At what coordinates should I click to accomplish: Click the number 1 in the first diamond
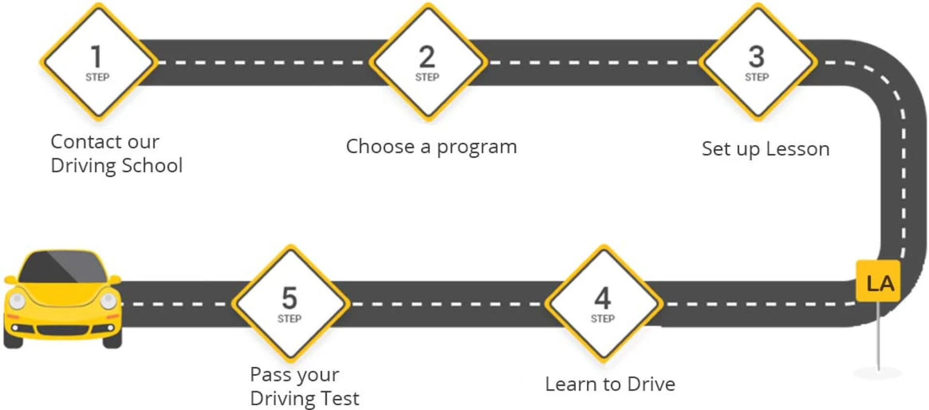coord(96,57)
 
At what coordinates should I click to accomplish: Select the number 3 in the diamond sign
coord(757,57)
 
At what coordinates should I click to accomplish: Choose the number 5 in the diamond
coord(289,298)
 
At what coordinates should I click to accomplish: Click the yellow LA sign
coord(879,283)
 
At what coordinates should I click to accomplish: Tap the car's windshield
coord(63,268)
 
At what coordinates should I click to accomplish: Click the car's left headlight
coord(17,301)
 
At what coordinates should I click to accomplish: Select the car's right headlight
coord(108,301)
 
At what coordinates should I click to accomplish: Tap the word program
coord(477,147)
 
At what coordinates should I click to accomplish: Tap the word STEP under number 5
coord(289,319)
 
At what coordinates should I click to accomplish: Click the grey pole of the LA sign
coord(879,339)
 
